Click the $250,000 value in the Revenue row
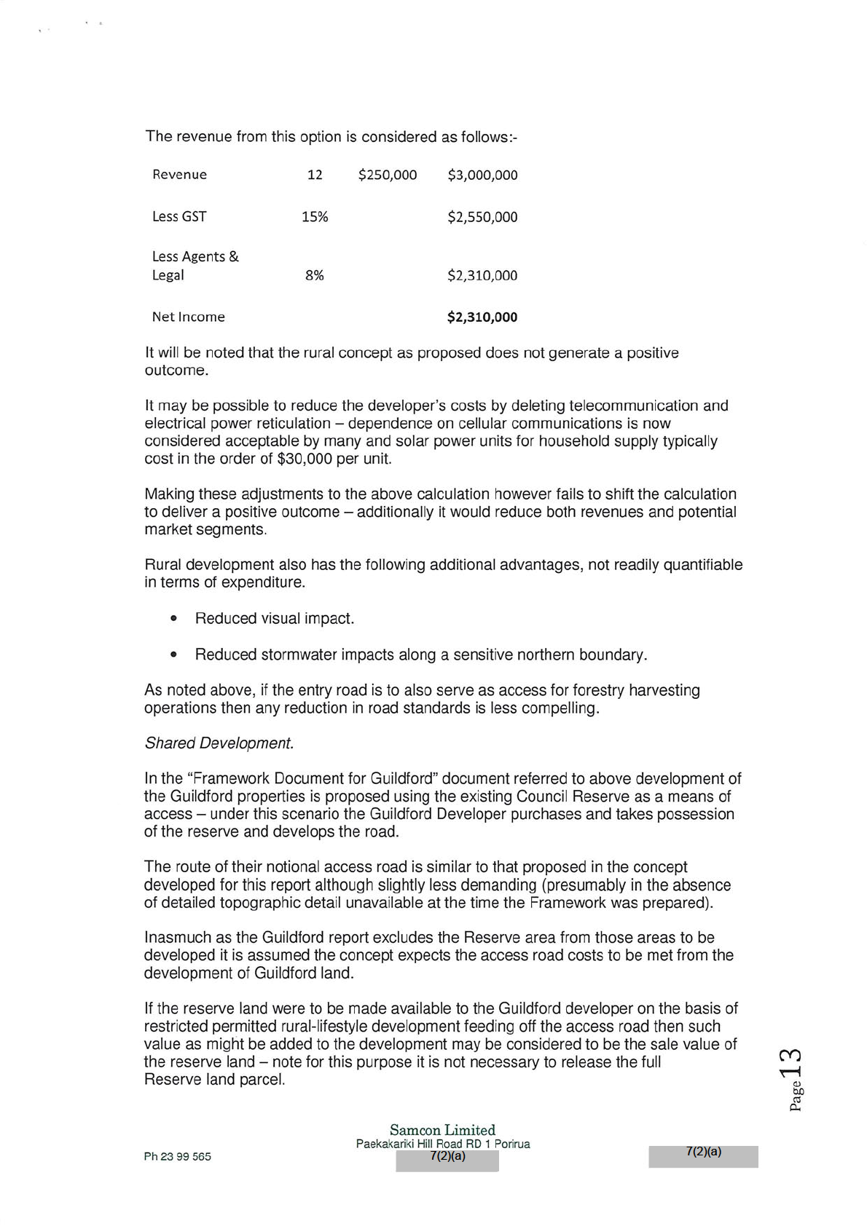coord(388,175)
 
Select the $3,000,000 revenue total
coord(482,175)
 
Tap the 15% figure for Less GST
coord(315,217)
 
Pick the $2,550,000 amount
coord(482,217)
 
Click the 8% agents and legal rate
coord(315,275)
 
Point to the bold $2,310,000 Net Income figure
coord(482,317)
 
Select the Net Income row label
coord(188,317)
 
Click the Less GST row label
coord(179,217)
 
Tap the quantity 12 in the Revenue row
coord(315,175)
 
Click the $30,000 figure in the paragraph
coord(305,459)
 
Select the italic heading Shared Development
coord(219,743)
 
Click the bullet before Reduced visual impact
coord(173,619)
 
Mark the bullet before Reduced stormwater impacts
coord(173,655)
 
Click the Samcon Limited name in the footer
coord(442,1130)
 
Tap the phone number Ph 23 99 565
coord(178,1157)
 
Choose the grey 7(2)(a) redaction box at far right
coord(703,1157)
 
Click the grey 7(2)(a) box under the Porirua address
coord(447,1160)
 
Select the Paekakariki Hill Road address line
coord(443,1144)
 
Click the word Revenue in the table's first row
coord(179,175)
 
